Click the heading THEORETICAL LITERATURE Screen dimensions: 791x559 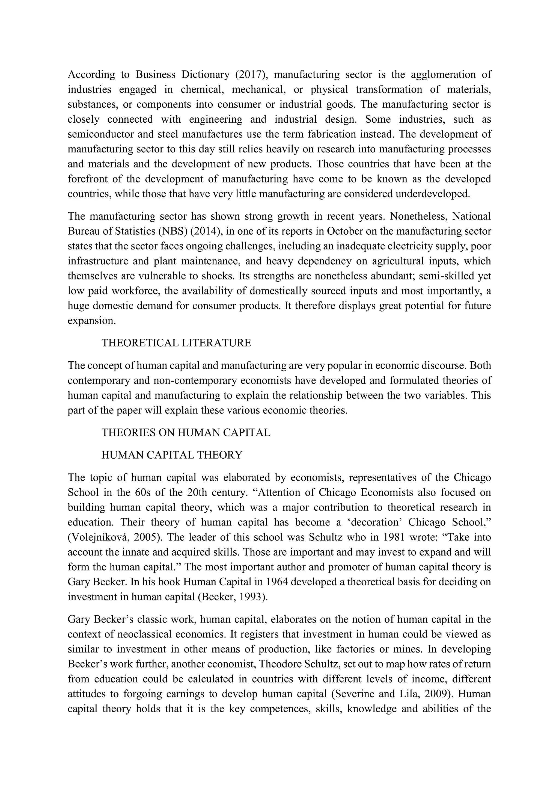pyautogui.click(x=176, y=343)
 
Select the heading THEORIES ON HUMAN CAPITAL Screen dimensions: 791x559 pyautogui.click(x=186, y=432)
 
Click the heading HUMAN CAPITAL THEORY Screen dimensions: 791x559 pyautogui.click(x=172, y=455)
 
